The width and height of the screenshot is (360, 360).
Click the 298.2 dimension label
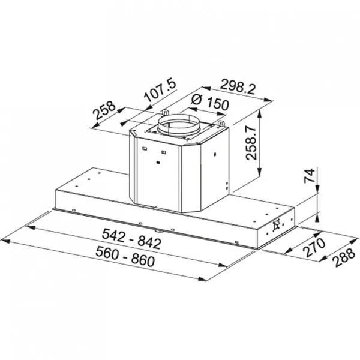(x=238, y=86)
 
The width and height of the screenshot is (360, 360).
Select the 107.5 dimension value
(x=160, y=90)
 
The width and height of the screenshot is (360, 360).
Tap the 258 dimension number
(x=104, y=110)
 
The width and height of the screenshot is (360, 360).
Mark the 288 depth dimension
(x=344, y=257)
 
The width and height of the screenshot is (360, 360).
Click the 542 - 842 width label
(x=131, y=239)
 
